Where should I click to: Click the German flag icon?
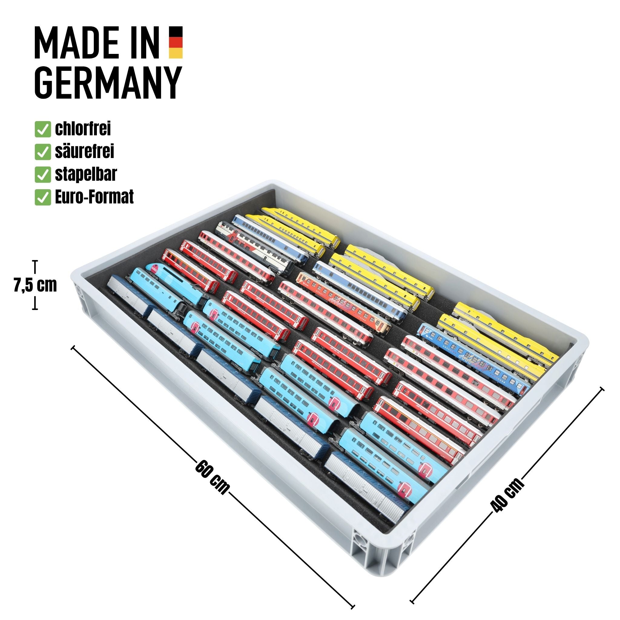pos(176,42)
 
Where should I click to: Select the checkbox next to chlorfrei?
pos(43,129)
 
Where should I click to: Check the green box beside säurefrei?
pos(43,152)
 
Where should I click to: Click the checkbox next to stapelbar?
pos(43,175)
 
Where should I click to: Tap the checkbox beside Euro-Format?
pos(43,197)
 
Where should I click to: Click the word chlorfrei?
pos(83,129)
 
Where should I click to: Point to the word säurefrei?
pos(84,151)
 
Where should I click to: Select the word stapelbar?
pos(86,174)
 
